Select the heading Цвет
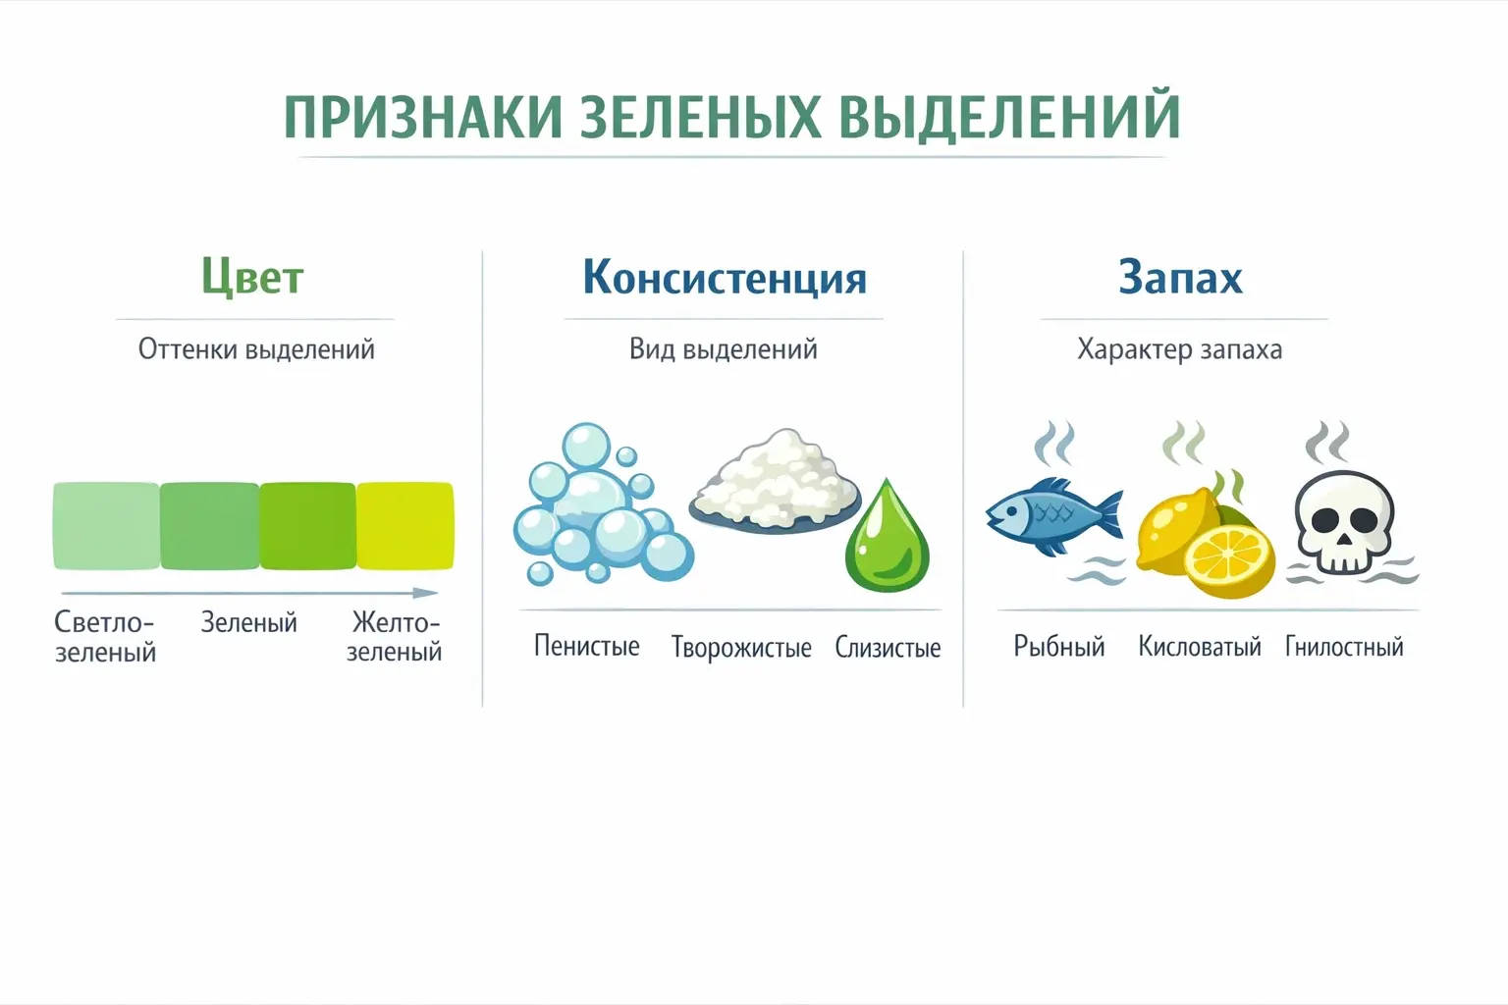[252, 277]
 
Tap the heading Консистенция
[725, 278]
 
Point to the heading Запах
[1180, 278]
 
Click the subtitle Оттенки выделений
[256, 349]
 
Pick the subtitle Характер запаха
[1179, 349]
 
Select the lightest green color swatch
[106, 526]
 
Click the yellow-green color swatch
[404, 526]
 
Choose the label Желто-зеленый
[395, 637]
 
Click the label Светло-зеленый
[105, 637]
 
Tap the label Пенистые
[586, 646]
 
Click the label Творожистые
[741, 648]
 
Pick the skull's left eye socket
[1319, 520]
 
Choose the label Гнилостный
[1344, 647]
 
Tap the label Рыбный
[1058, 647]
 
